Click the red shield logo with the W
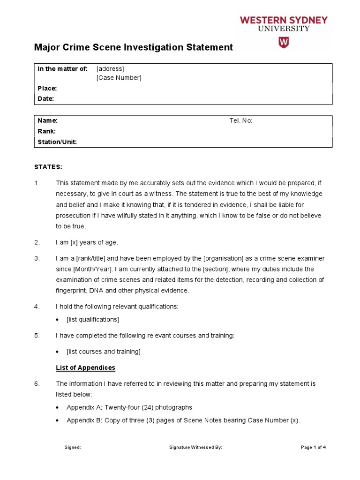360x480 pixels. (x=284, y=42)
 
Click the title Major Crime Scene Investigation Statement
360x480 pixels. (x=134, y=47)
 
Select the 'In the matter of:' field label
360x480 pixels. (x=62, y=69)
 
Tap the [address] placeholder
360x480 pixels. (x=110, y=69)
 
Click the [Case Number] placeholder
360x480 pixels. (x=119, y=78)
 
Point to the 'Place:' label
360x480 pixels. (x=47, y=89)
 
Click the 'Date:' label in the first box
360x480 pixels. (x=45, y=98)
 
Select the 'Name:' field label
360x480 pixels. (x=47, y=120)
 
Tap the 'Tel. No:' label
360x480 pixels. (x=241, y=120)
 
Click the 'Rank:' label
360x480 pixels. (x=46, y=131)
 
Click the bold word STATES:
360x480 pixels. (x=48, y=167)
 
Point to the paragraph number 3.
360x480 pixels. (x=37, y=259)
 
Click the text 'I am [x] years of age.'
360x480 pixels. (x=87, y=242)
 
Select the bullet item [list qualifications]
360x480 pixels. (x=93, y=320)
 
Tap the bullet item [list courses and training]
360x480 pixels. (x=104, y=352)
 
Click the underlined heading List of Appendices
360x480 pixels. (x=85, y=367)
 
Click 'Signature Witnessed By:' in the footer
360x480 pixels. (x=195, y=447)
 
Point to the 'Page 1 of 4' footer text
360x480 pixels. (x=313, y=447)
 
